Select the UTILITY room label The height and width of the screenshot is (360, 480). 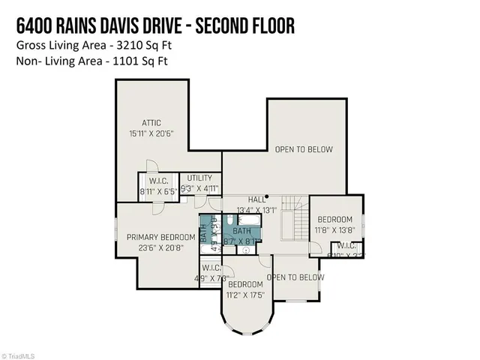click(x=200, y=178)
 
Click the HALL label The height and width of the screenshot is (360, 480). click(x=258, y=200)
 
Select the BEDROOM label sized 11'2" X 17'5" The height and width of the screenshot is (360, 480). click(x=245, y=285)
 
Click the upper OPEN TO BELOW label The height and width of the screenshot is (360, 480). click(x=304, y=150)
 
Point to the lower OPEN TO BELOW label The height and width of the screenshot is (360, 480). click(x=297, y=277)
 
